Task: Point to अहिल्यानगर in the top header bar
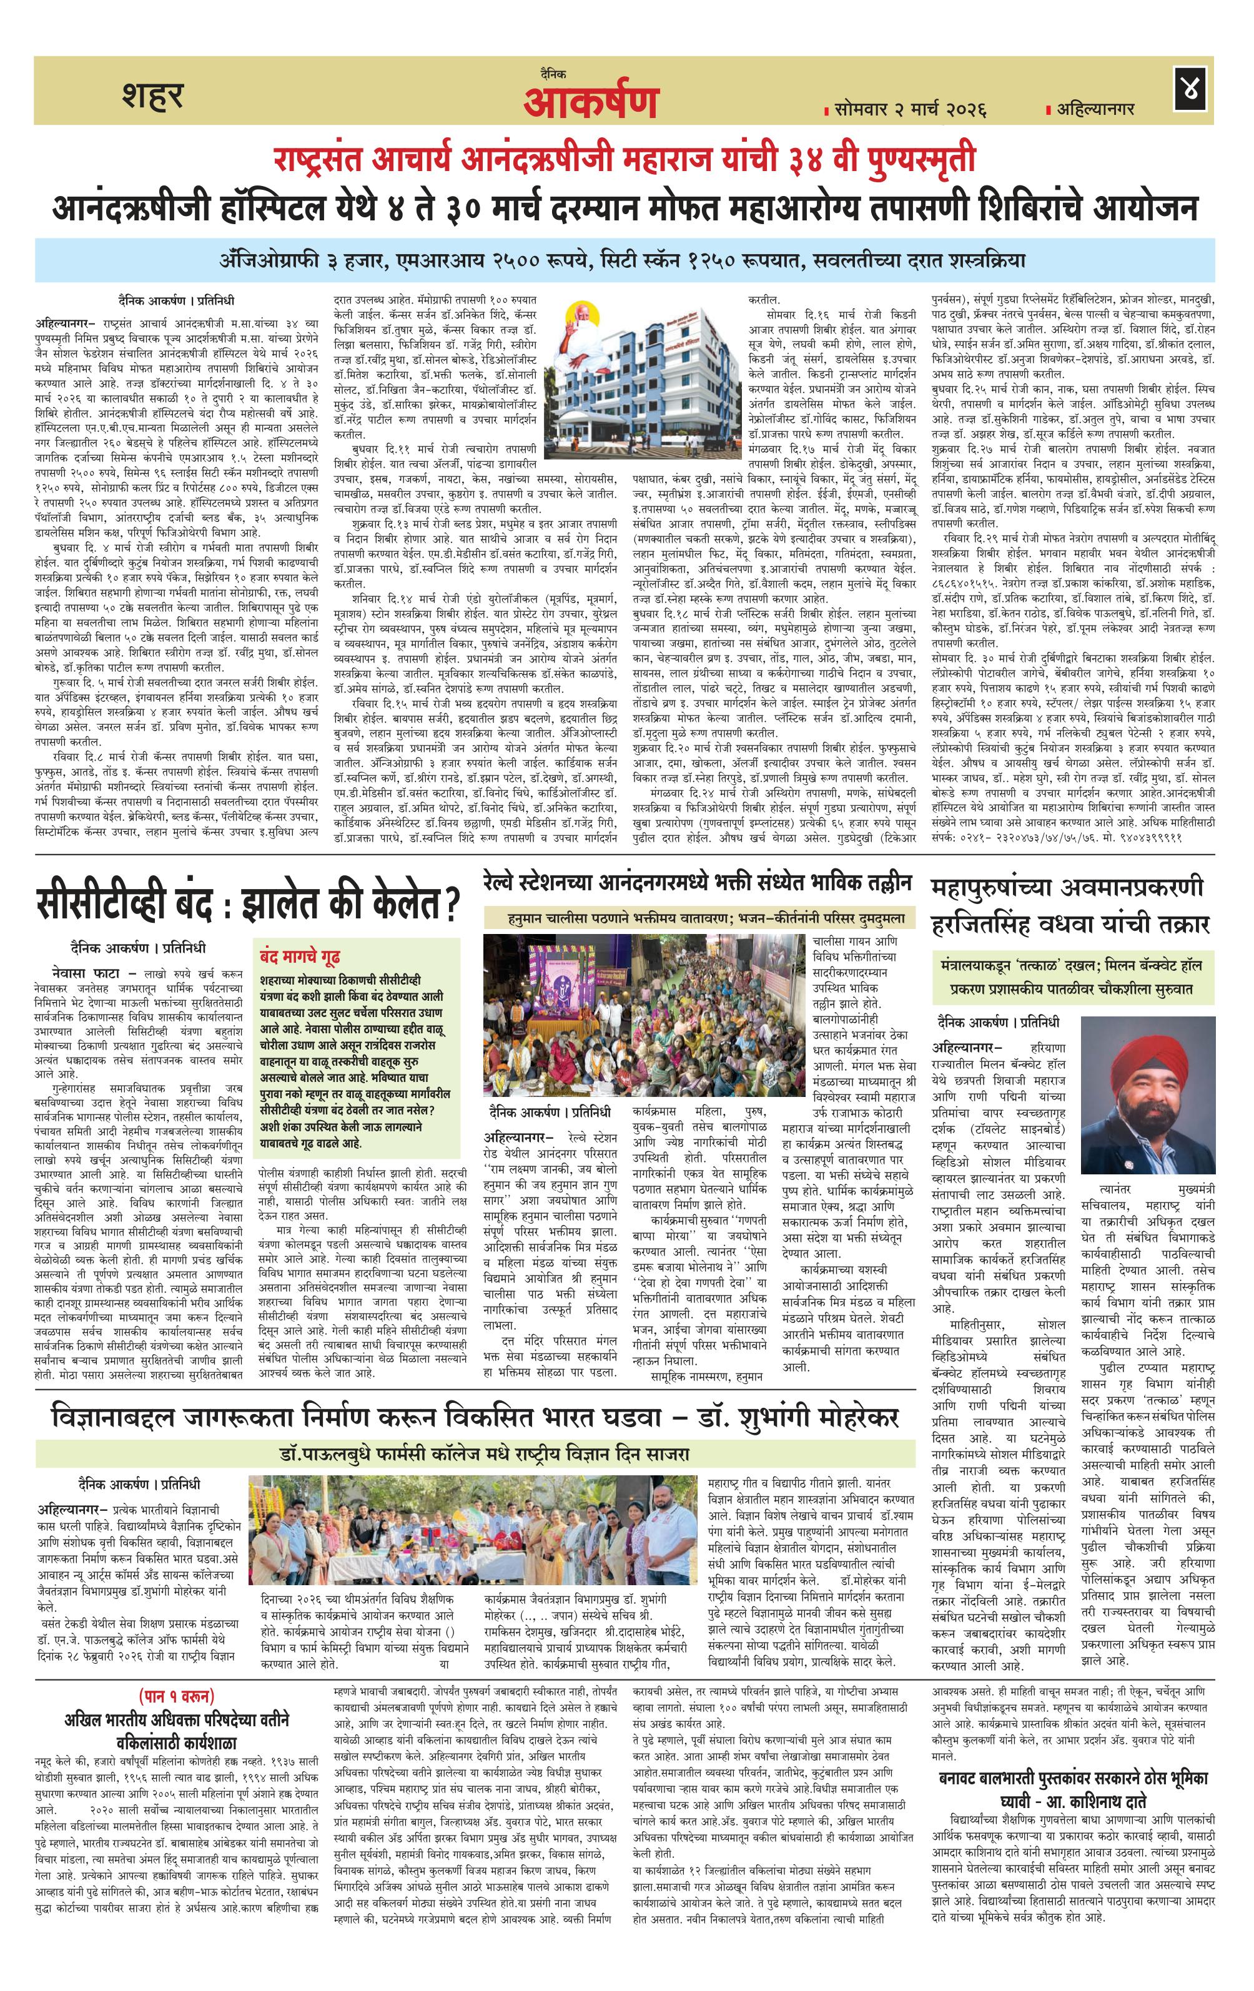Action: (1094, 108)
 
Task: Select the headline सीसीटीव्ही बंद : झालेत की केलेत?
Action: (247, 903)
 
